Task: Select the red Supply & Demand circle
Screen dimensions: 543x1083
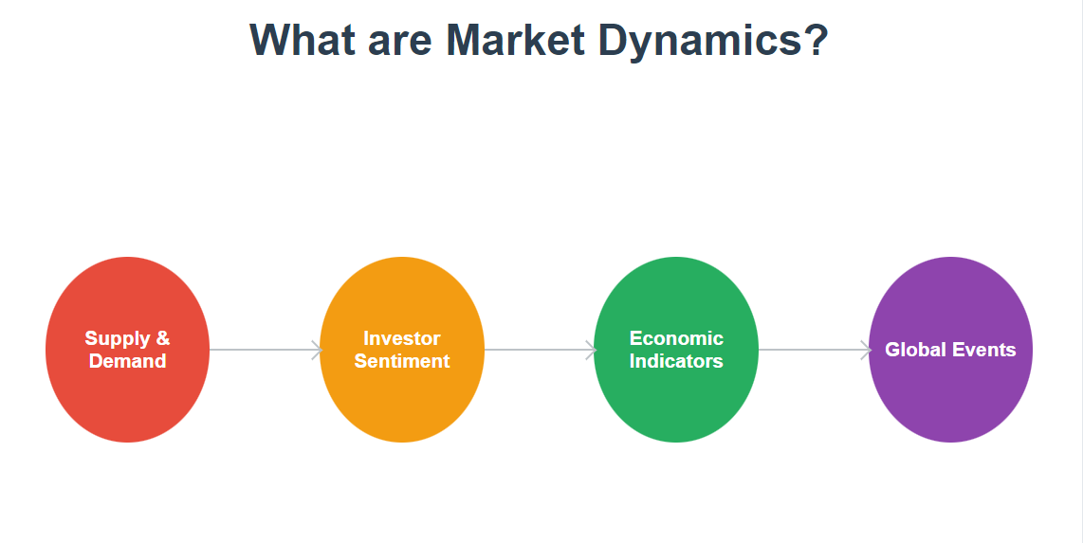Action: [127, 398]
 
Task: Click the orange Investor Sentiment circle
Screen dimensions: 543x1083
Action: [402, 398]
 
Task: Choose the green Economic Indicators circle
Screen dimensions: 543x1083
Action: [676, 398]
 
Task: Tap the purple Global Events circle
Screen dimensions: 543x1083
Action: [950, 398]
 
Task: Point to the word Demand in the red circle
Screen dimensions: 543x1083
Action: [127, 361]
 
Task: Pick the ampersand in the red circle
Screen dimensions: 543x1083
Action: [163, 338]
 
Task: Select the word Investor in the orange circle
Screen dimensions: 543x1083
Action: [402, 338]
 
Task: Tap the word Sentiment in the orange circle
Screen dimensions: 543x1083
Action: [402, 361]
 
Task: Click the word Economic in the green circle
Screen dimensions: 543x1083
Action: [676, 338]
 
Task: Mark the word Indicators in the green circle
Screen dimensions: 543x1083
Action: [676, 361]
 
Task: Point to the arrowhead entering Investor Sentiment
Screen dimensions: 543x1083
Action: [318, 350]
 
